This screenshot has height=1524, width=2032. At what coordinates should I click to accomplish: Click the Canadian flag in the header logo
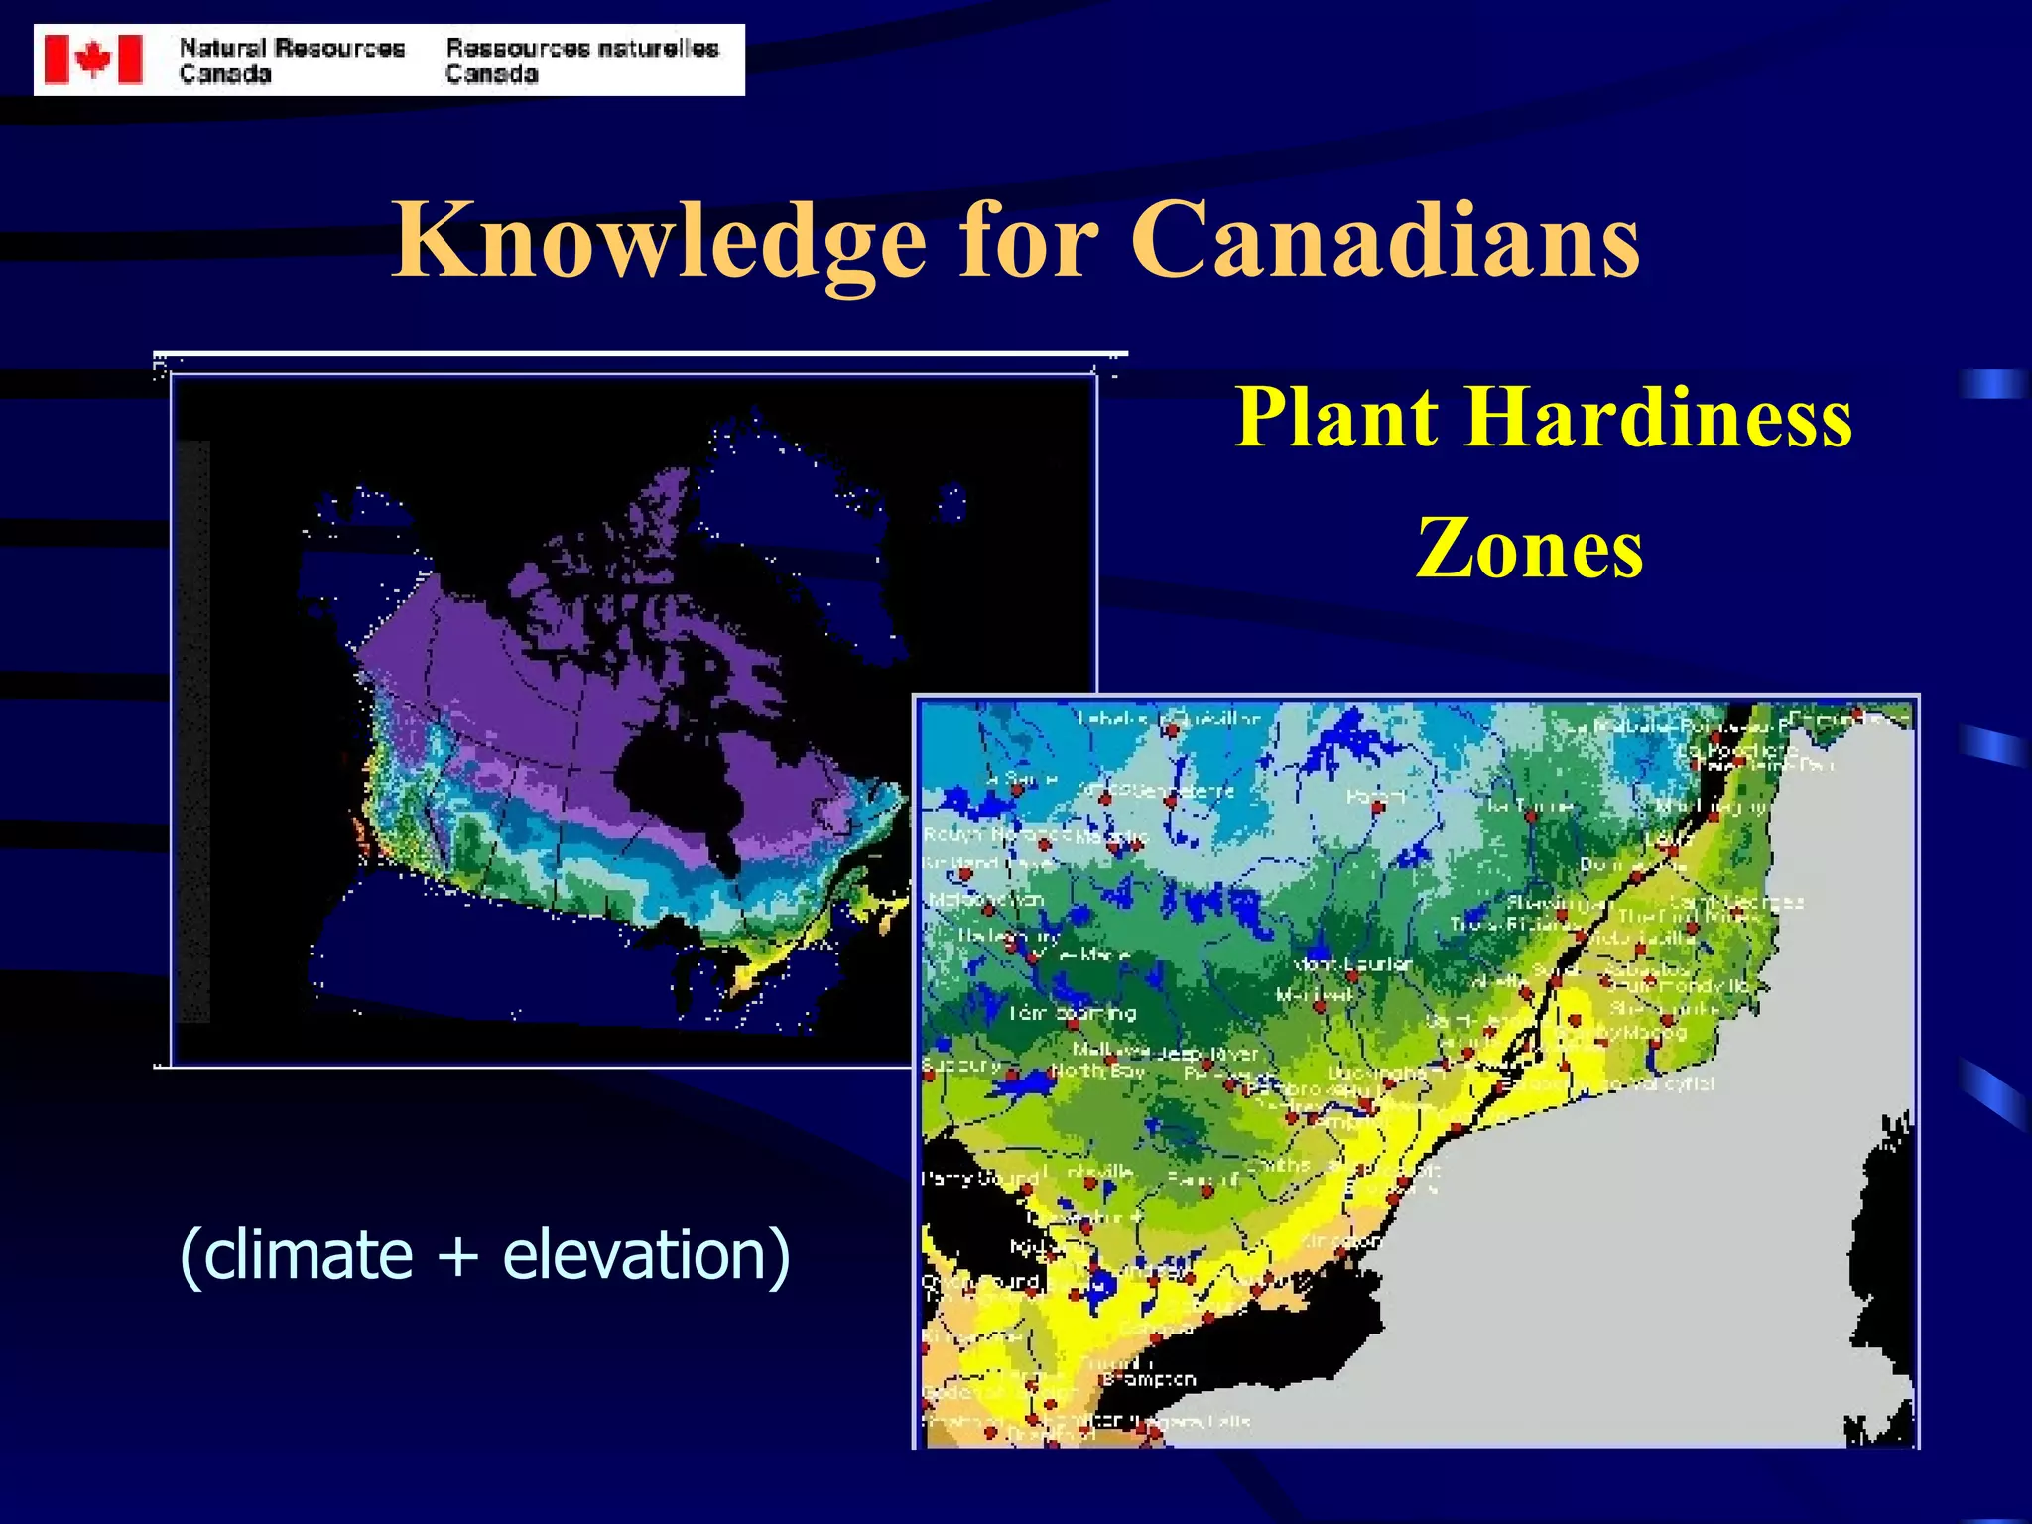pos(93,60)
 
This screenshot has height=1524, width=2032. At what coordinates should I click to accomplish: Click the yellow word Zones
pos(1529,549)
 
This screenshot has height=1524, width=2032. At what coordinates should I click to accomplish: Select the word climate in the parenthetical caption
pos(308,1255)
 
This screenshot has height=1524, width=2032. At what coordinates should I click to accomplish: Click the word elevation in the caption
pos(635,1255)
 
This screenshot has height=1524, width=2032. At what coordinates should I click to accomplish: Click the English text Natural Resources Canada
pos(292,61)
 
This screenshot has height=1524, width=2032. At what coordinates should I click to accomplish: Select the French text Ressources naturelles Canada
pos(581,61)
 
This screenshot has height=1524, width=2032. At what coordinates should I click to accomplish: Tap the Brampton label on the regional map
pos(1150,1380)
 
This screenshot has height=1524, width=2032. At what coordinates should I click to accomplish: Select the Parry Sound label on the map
pos(979,1179)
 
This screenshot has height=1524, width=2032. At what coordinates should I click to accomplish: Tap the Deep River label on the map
pos(1207,1053)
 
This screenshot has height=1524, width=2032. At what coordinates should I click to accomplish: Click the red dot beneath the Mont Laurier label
pos(1351,978)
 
